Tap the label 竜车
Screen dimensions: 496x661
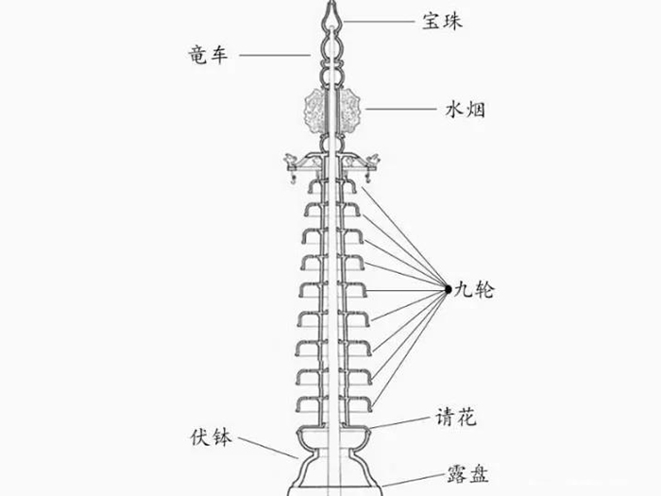[205, 56]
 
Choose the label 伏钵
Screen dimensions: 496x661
[211, 438]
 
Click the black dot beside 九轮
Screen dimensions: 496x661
[449, 289]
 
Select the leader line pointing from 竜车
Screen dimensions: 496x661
[274, 56]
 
